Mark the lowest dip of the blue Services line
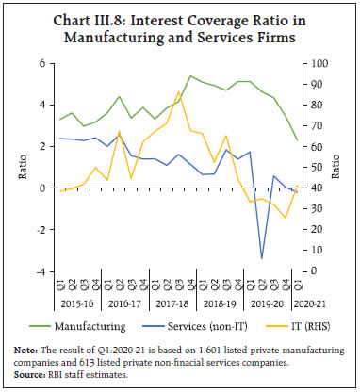click(262, 258)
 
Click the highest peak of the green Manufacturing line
click(190, 76)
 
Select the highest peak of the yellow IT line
click(179, 91)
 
